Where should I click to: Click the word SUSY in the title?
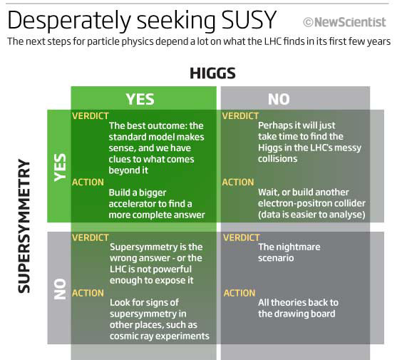(249, 20)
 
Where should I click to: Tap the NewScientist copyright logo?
(344, 22)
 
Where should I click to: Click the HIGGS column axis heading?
(212, 73)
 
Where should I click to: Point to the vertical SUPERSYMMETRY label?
(24, 226)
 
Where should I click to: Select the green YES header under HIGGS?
(140, 99)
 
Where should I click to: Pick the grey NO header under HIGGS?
(279, 99)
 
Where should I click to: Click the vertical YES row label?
(60, 168)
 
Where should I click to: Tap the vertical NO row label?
(60, 289)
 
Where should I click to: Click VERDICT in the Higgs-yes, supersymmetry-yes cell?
(91, 116)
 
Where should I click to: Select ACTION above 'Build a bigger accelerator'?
(88, 182)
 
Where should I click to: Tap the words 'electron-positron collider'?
(311, 203)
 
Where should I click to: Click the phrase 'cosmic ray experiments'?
(160, 336)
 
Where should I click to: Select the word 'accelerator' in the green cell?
(133, 204)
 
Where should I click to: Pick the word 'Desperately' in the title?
(69, 21)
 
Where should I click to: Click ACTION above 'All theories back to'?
(239, 293)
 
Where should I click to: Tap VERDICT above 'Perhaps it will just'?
(240, 116)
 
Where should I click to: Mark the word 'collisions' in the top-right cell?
(278, 159)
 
